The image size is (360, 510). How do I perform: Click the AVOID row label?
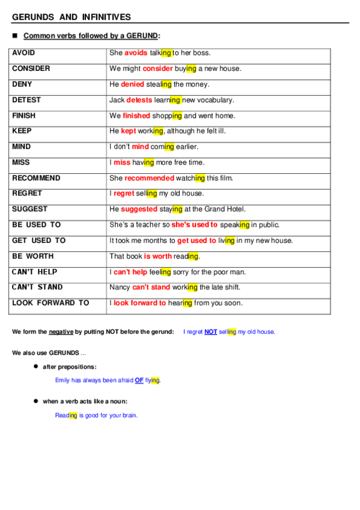[x=23, y=53]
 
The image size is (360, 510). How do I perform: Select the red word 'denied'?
[x=132, y=84]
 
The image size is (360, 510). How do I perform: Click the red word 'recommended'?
[x=149, y=178]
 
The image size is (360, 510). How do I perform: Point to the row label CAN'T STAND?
[x=37, y=287]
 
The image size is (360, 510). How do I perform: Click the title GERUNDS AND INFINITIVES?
[x=71, y=17]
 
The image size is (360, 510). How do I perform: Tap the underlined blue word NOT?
[x=210, y=332]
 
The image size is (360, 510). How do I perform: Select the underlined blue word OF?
[x=139, y=380]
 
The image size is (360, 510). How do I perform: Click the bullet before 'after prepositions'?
[x=36, y=366]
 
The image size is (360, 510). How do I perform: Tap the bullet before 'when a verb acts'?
[x=36, y=401]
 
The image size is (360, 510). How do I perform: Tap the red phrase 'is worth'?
[x=157, y=256]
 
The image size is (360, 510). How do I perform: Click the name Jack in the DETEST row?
[x=117, y=100]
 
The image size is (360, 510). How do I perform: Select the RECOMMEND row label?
[x=36, y=178]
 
